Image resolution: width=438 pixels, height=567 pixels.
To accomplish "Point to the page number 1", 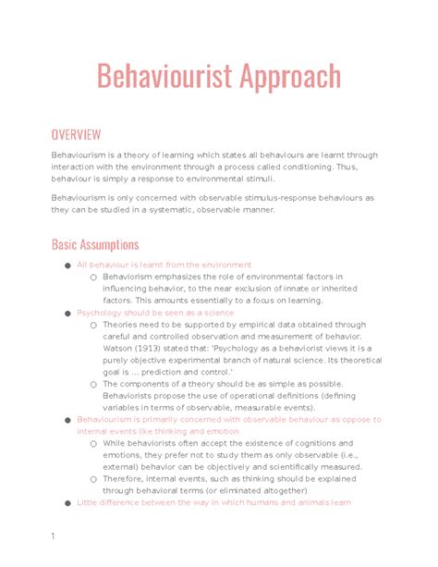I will (54, 536).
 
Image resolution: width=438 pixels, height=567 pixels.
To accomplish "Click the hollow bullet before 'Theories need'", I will (93, 326).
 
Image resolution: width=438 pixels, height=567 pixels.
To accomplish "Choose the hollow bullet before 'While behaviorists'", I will (93, 444).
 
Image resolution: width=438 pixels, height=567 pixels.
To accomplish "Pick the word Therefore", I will (128, 479).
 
